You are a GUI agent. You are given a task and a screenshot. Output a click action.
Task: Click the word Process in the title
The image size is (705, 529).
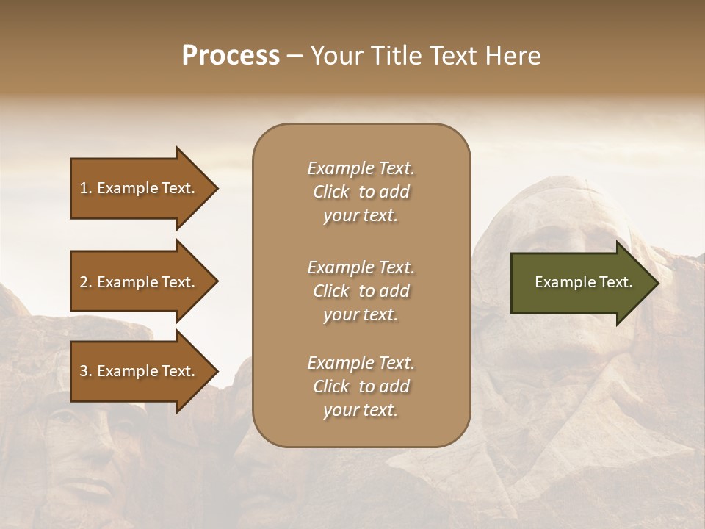pos(231,56)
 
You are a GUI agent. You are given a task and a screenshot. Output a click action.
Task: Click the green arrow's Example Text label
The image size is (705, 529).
pos(583,282)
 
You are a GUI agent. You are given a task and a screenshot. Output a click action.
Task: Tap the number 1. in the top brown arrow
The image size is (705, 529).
pos(86,188)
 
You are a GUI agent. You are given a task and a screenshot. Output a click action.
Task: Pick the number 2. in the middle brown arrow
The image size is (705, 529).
pos(86,282)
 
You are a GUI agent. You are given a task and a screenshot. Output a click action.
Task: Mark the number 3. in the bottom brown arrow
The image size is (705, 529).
pos(86,371)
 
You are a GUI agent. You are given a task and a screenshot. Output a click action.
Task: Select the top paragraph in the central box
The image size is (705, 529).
pos(361,192)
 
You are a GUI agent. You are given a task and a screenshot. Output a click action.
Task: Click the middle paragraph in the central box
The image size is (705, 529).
pos(361,291)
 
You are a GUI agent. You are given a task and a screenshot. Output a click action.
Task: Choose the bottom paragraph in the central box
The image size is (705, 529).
pos(361,386)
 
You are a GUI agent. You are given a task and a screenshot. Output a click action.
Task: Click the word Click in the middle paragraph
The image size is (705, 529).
pos(331,291)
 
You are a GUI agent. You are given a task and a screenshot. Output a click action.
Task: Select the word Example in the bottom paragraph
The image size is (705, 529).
pos(340,363)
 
